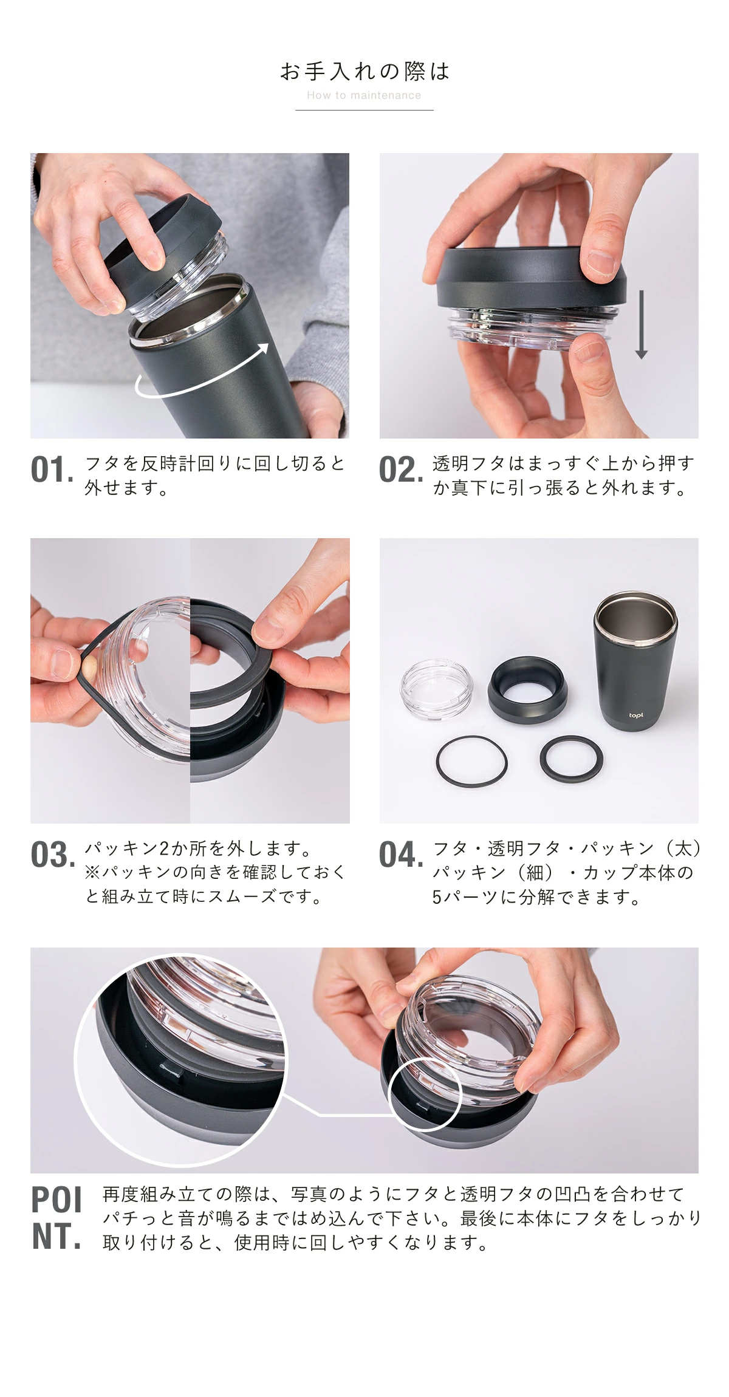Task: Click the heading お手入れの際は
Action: [364, 72]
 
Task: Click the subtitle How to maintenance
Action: [364, 95]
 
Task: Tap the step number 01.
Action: [52, 470]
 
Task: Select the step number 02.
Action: [401, 470]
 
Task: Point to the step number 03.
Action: [53, 855]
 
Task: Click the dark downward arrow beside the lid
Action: [641, 324]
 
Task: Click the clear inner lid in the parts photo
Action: [436, 690]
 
